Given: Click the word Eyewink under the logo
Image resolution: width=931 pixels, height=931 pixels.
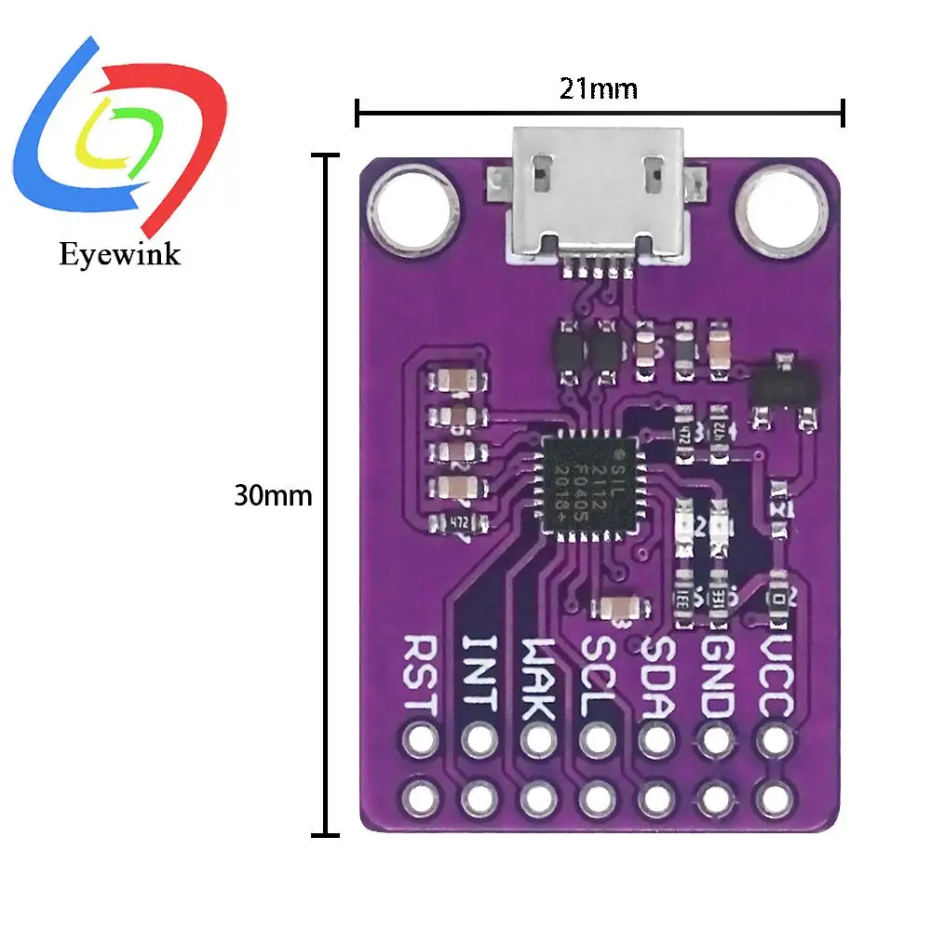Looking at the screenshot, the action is (119, 253).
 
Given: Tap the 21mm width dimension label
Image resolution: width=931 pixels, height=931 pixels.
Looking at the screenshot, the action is (599, 89).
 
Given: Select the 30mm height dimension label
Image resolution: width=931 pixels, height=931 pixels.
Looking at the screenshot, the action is (273, 496).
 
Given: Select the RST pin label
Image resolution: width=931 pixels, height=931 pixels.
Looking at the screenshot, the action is (420, 674).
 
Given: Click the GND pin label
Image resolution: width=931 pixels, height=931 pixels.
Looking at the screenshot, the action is (715, 676).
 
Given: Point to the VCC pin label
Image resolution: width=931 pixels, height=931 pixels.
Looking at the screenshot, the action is (775, 676).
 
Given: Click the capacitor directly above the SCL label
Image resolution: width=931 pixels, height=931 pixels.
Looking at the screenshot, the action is (618, 608).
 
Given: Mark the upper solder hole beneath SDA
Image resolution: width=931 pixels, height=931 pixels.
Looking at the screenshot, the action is (656, 741).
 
